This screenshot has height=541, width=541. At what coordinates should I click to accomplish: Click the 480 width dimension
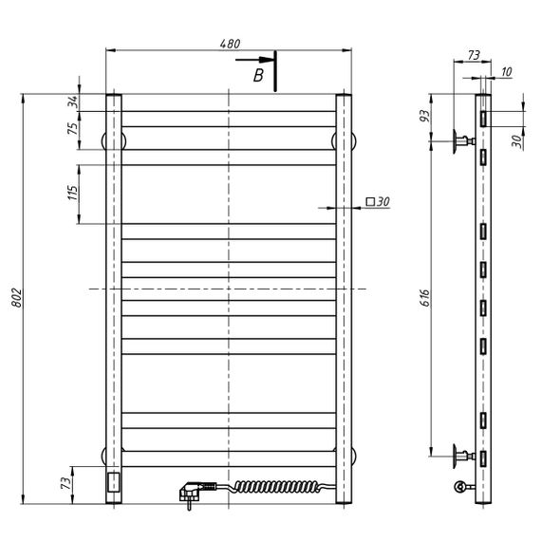(x=230, y=44)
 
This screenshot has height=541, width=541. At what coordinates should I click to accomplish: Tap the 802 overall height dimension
(x=16, y=298)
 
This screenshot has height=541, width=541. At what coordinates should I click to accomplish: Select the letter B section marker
(x=258, y=75)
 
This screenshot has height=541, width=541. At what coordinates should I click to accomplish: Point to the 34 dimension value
(x=73, y=102)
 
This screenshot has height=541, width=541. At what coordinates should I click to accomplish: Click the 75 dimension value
(x=73, y=128)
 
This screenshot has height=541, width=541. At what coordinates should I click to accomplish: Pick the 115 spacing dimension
(x=73, y=193)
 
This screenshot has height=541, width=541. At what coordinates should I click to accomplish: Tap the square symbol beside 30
(x=370, y=201)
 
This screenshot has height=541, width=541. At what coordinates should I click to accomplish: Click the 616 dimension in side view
(x=425, y=298)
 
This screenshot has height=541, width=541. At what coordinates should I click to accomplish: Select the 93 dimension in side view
(x=425, y=115)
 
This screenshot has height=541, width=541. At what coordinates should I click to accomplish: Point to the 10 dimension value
(x=506, y=72)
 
